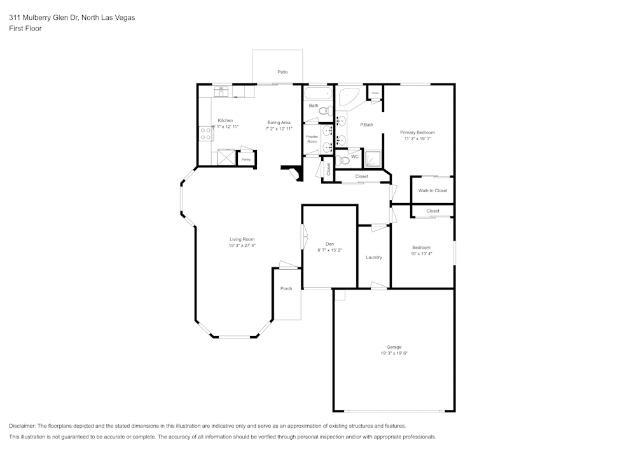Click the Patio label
tap(282, 72)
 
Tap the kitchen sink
tap(221, 91)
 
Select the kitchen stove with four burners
tap(206, 134)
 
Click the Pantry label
tap(245, 159)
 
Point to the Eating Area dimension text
tap(279, 129)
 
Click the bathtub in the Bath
tap(317, 94)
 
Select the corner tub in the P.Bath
tap(348, 97)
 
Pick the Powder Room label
tap(312, 139)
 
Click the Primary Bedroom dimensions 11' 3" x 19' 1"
tap(417, 138)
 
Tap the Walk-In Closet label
tap(432, 190)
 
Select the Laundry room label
tap(374, 257)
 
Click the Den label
tap(329, 244)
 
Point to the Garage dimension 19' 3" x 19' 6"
tap(394, 353)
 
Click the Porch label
tap(286, 288)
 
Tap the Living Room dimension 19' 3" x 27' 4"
tap(242, 245)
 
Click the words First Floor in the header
tap(25, 29)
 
